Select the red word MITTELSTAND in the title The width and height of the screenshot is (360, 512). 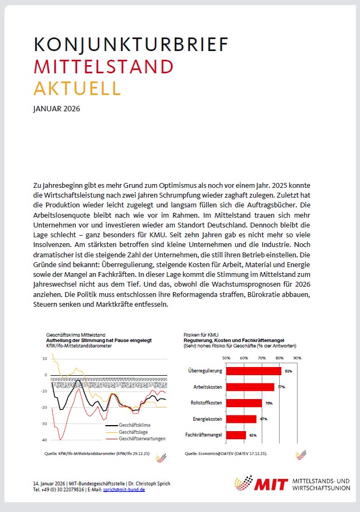(103, 66)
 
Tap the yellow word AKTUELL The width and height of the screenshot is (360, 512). (77, 87)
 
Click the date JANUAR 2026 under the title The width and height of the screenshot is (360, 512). (56, 109)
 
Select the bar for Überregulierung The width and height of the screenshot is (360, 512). (254, 371)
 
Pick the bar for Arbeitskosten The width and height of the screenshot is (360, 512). (250, 387)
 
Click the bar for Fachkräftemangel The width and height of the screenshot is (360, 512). (236, 435)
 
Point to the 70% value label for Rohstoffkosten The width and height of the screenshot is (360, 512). (268, 403)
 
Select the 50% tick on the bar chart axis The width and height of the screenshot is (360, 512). (226, 358)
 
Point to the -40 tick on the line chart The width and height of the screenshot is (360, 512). (45, 440)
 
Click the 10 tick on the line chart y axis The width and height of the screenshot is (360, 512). (45, 359)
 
